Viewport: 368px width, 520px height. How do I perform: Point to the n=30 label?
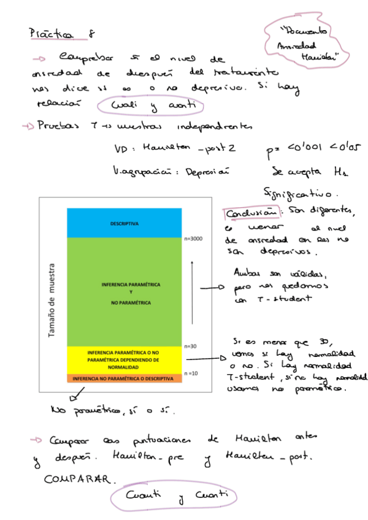(x=191, y=347)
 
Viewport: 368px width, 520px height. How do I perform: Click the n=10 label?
(x=191, y=373)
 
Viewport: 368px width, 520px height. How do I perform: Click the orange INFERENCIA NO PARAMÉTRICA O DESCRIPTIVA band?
(x=125, y=378)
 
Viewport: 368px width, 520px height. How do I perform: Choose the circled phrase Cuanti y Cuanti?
(x=173, y=496)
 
